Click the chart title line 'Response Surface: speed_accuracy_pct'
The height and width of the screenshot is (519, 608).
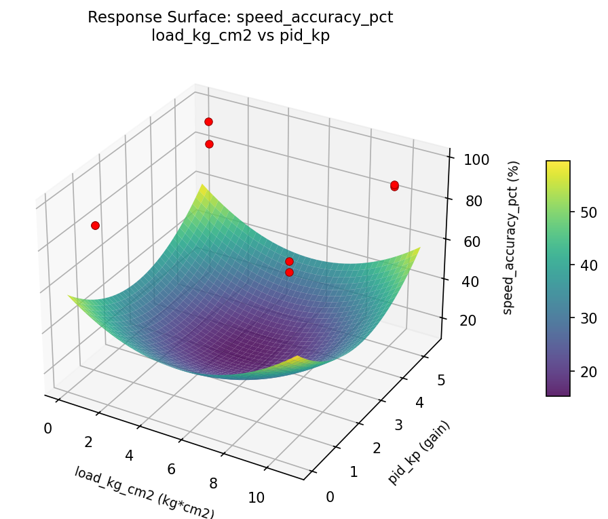[x=240, y=18]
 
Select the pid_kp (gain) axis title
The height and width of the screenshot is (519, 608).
[x=419, y=452]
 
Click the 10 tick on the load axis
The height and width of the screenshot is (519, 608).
[x=256, y=497]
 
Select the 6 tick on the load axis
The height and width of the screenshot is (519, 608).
[x=172, y=469]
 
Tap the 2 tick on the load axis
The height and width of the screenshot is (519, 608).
[x=88, y=442]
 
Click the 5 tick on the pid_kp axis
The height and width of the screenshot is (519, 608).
[x=440, y=381]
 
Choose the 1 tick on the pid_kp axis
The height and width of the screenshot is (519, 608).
[x=355, y=472]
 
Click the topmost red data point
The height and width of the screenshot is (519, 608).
[x=208, y=121]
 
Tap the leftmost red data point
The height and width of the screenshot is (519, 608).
[x=95, y=225]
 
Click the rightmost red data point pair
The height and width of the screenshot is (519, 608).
[x=394, y=185]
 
